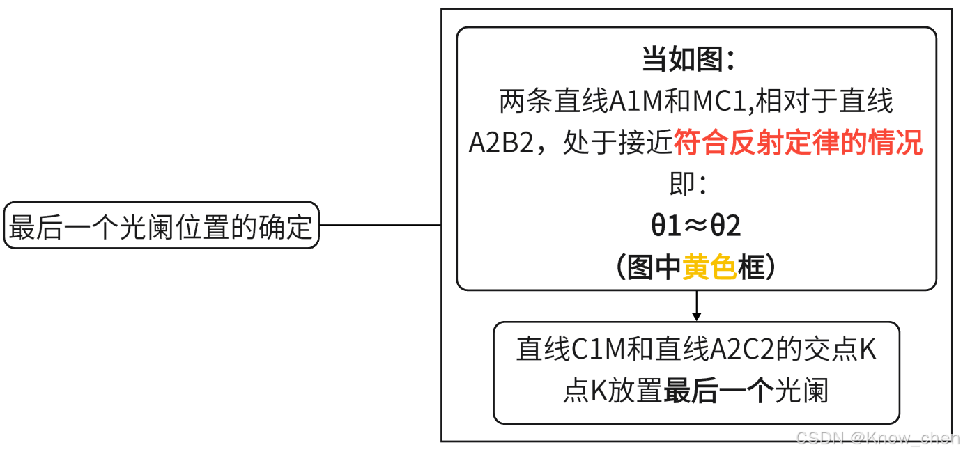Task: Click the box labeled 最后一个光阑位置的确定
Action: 161,226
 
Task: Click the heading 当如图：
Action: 688,61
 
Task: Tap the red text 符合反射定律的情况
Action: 798,143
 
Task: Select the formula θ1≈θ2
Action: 695,226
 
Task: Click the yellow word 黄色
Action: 709,267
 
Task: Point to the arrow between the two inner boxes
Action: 696,306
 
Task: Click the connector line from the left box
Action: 380,226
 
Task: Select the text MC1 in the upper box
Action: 719,102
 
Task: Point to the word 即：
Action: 688,185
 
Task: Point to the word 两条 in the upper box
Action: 526,102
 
